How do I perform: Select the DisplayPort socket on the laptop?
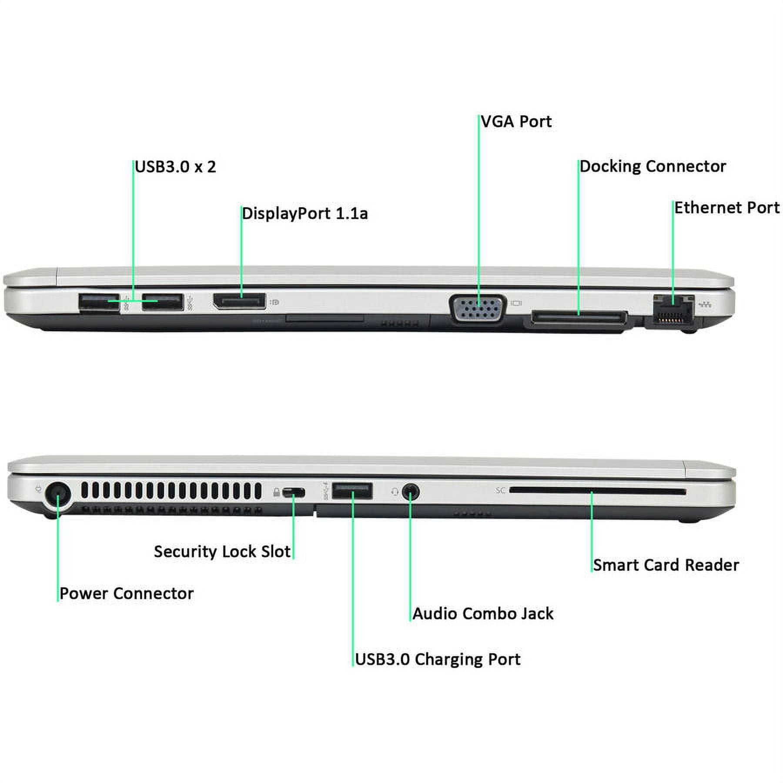(x=239, y=301)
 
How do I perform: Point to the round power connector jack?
(x=58, y=495)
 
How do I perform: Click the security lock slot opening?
(x=294, y=493)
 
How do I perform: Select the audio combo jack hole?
(x=410, y=492)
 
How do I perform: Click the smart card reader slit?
(x=597, y=491)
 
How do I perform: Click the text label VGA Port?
(x=516, y=121)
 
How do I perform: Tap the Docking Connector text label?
(x=652, y=166)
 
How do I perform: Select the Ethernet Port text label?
(x=727, y=207)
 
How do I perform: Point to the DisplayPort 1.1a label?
(x=305, y=214)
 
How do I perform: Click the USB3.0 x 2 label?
(x=175, y=167)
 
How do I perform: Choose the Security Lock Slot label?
(x=222, y=552)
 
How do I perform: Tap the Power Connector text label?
(x=127, y=593)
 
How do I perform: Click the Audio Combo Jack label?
(x=483, y=614)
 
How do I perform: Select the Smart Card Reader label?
(x=666, y=565)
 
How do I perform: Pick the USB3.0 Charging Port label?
(x=438, y=659)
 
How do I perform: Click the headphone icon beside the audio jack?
(x=394, y=492)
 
